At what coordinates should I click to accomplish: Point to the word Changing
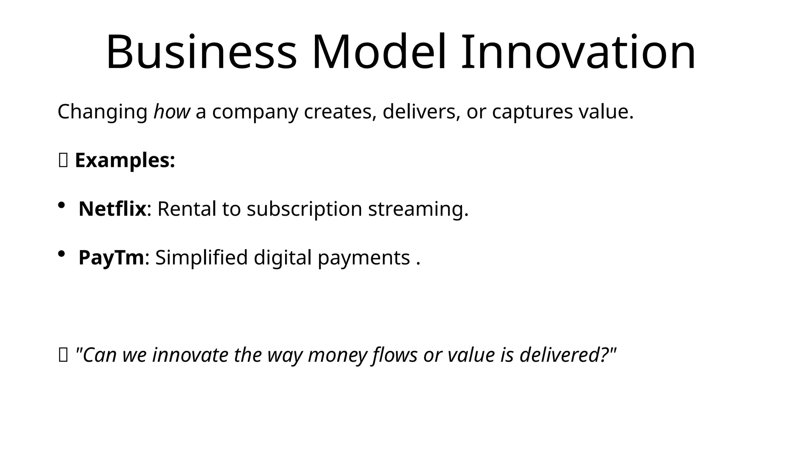click(102, 112)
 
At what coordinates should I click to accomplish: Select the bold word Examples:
click(125, 161)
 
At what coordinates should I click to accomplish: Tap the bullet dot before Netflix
click(61, 205)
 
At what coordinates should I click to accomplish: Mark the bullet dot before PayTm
click(61, 254)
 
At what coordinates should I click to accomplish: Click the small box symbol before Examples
click(63, 161)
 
